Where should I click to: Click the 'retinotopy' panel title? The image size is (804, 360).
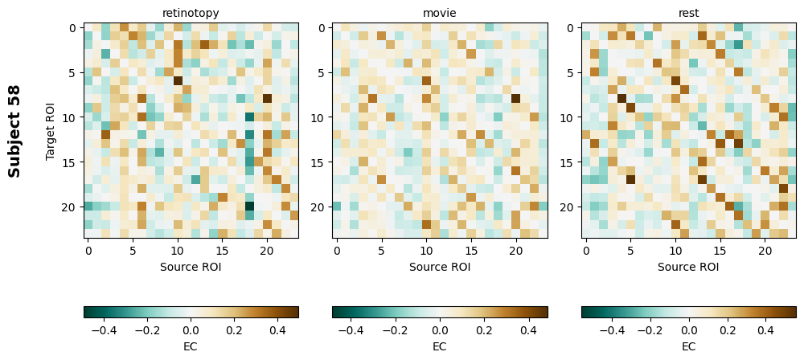pos(191,13)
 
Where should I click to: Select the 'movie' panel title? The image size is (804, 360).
pos(440,13)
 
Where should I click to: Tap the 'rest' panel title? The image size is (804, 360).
pos(689,13)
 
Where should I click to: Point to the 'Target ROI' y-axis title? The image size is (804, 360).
pos(51,130)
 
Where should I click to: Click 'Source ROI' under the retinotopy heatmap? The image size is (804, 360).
pos(191,267)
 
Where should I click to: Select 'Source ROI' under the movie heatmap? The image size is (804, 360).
pos(440,267)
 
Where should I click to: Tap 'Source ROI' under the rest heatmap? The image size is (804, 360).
pos(689,267)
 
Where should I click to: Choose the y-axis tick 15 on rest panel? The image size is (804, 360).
pos(568,162)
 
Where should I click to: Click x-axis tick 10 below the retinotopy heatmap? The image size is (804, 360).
pos(178,252)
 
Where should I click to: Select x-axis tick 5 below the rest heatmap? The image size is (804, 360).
pos(631,252)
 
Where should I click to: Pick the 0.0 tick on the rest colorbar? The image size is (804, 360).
pos(689,330)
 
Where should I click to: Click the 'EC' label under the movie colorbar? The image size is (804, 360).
pos(440,346)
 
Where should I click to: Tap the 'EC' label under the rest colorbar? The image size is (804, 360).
pos(689,346)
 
